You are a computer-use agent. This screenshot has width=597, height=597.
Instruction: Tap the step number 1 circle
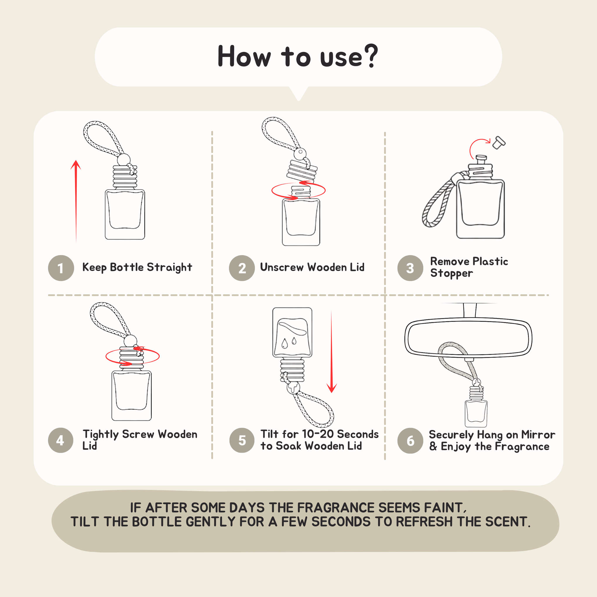(x=61, y=268)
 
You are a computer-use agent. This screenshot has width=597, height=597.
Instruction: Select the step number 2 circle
(x=242, y=268)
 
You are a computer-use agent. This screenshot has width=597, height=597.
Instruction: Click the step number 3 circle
(x=410, y=268)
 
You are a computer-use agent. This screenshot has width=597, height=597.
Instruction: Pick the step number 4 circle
(x=61, y=440)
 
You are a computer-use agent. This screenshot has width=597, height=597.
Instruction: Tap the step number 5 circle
(x=242, y=440)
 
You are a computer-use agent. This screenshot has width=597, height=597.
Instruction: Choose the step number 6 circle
(x=410, y=441)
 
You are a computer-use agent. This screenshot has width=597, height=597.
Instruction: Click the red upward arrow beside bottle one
(x=76, y=201)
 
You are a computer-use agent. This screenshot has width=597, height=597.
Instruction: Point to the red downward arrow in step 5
(x=332, y=351)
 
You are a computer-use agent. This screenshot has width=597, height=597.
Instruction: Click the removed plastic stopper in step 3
(x=499, y=143)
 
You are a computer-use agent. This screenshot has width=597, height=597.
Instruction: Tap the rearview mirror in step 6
(x=468, y=337)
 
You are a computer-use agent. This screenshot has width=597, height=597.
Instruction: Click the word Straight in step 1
(x=169, y=267)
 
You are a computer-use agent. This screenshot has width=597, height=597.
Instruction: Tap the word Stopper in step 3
(x=452, y=273)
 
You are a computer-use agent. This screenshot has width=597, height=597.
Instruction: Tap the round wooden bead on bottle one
(x=123, y=159)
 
